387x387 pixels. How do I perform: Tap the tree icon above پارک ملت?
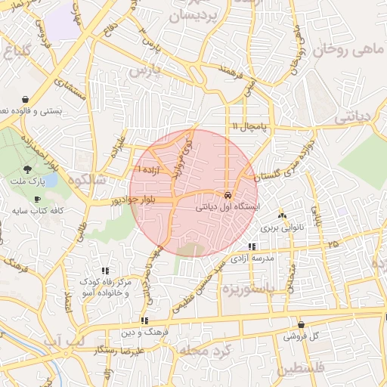point(28,170)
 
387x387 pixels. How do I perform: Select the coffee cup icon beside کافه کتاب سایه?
point(17,200)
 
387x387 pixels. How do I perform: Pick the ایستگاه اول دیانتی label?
point(228,206)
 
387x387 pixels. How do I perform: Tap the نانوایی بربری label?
point(282,227)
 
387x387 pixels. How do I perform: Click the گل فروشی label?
point(302,336)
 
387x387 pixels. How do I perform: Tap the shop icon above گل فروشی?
point(302,324)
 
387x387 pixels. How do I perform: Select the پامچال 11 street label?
point(249,125)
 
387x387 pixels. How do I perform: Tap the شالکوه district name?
point(84,181)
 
